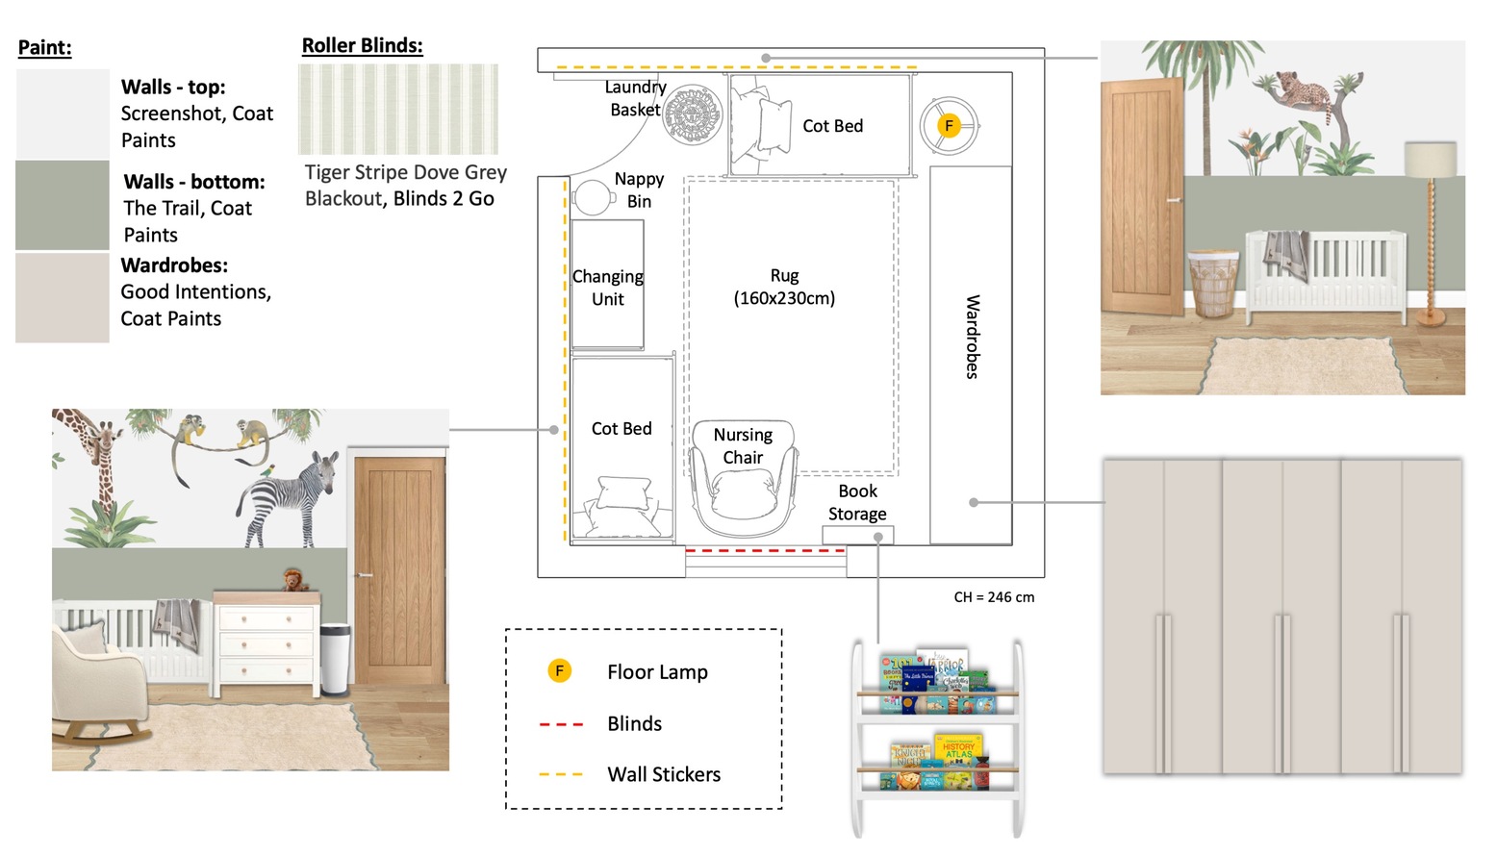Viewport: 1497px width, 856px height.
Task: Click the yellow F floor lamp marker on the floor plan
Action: pyautogui.click(x=949, y=126)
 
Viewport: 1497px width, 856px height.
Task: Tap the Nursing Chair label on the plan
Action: pyautogui.click(x=743, y=445)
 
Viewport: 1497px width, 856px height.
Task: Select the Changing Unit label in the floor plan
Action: pyautogui.click(x=607, y=288)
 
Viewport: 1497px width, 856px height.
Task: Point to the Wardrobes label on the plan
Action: pyautogui.click(x=973, y=337)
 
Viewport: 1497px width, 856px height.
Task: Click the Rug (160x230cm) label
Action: pyautogui.click(x=784, y=287)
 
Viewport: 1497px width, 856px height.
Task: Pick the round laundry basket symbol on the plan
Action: pyautogui.click(x=693, y=114)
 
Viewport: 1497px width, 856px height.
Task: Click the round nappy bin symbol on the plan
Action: pyautogui.click(x=592, y=197)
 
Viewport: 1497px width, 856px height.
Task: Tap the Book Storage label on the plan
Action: pyautogui.click(x=857, y=502)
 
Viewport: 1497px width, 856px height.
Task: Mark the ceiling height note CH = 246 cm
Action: pyautogui.click(x=994, y=597)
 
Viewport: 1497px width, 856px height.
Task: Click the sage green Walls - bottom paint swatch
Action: pyautogui.click(x=63, y=205)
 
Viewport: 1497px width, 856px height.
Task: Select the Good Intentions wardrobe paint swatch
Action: pyautogui.click(x=63, y=297)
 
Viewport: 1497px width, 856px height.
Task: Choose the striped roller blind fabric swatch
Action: pyautogui.click(x=397, y=109)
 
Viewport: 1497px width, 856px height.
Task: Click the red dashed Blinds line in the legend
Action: pyautogui.click(x=561, y=724)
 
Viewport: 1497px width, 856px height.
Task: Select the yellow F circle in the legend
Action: pyautogui.click(x=559, y=670)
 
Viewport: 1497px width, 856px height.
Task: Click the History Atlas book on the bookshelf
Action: pyautogui.click(x=958, y=750)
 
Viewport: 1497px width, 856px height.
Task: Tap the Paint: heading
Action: pyautogui.click(x=45, y=47)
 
